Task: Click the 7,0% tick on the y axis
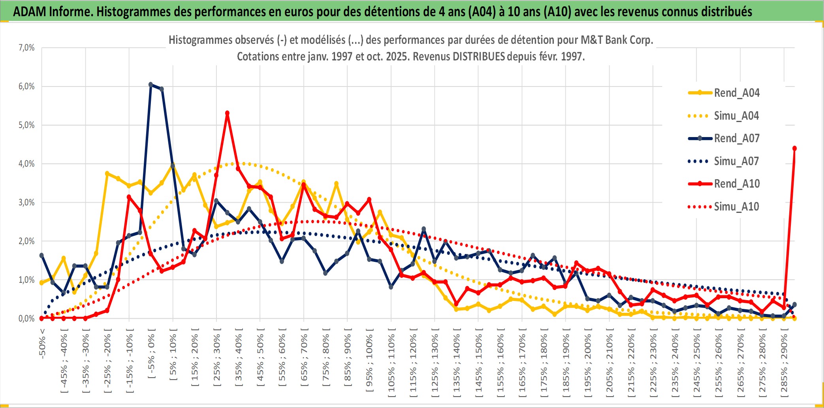click(26, 48)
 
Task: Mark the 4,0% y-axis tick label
click(26, 164)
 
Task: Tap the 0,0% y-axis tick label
click(26, 318)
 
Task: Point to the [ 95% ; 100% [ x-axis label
click(369, 359)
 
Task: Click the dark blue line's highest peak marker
click(151, 85)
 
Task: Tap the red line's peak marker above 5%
click(227, 113)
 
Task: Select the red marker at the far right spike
click(794, 149)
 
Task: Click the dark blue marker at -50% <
click(41, 256)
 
